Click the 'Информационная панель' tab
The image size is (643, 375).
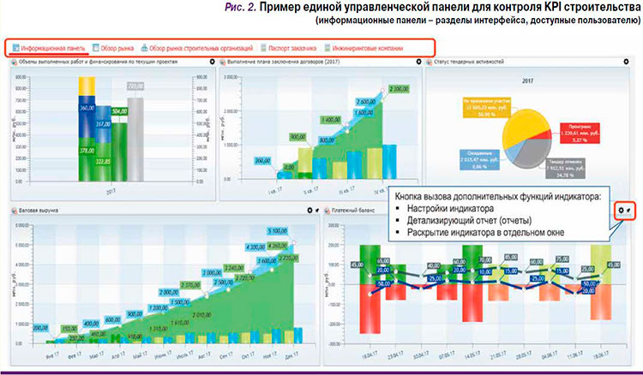click(x=49, y=48)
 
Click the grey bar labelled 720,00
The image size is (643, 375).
click(x=135, y=128)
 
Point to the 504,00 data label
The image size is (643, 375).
click(x=119, y=110)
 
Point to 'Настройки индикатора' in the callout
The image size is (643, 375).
click(x=444, y=209)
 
